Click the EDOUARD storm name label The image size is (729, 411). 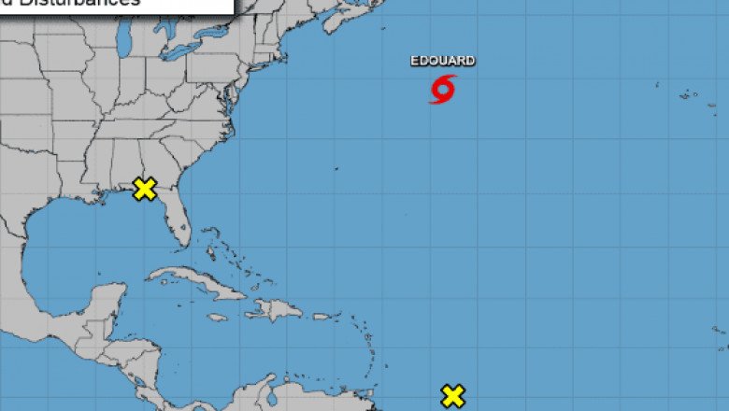[442, 61]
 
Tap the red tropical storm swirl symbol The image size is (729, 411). [443, 89]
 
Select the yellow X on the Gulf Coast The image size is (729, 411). [144, 189]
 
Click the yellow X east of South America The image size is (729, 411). [452, 395]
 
